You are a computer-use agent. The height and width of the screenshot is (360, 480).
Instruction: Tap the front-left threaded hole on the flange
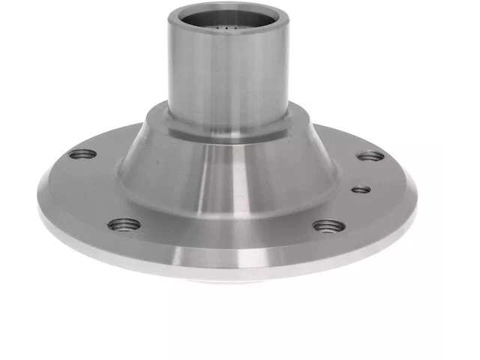coord(124,224)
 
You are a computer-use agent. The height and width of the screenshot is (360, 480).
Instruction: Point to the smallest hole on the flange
coord(361,189)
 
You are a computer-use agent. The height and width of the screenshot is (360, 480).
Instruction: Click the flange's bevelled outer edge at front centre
coord(225,259)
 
